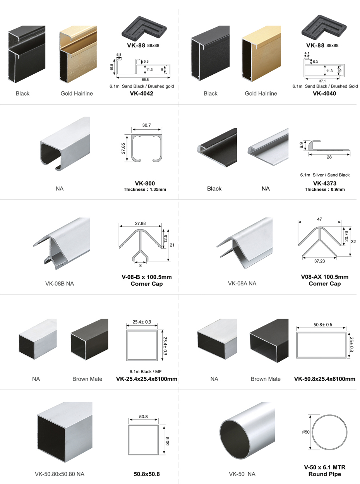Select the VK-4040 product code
(324, 93)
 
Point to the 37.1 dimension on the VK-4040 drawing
(322, 81)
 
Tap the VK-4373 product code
(325, 183)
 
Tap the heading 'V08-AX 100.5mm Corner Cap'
(324, 280)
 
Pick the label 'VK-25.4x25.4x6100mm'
(147, 379)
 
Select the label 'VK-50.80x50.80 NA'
(60, 474)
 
